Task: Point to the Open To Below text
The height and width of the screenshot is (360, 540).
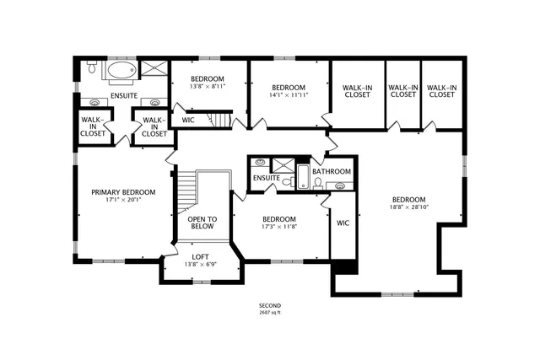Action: (x=202, y=223)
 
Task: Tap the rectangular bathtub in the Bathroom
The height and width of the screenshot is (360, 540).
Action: (x=302, y=178)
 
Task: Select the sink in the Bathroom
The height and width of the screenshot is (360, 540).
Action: (x=341, y=185)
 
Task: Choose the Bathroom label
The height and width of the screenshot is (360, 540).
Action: (x=331, y=171)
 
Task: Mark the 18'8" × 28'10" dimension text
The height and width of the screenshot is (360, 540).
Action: (x=409, y=207)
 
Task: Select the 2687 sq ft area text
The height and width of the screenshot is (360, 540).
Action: (x=270, y=313)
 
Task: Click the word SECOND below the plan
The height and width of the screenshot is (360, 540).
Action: (x=270, y=305)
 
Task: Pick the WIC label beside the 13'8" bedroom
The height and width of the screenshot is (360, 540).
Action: (x=188, y=120)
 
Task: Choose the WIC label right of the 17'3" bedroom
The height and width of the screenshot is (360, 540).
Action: (x=343, y=223)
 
